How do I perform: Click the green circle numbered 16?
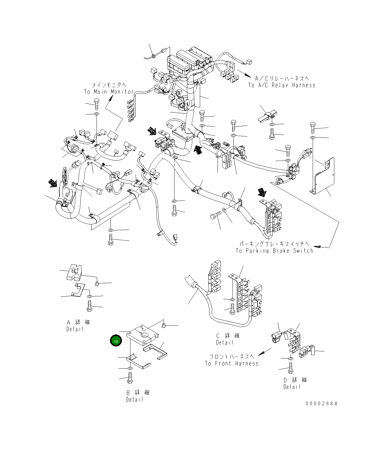click(116, 341)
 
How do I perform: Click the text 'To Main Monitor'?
click(109, 92)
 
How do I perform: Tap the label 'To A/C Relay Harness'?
click(282, 85)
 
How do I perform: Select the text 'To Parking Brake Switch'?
click(274, 251)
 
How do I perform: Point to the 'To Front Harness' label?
click(232, 364)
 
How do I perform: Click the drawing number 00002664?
click(321, 404)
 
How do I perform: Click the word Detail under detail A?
click(75, 329)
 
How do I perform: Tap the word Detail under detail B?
click(135, 400)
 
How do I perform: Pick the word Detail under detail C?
click(225, 343)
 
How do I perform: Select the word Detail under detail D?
click(292, 387)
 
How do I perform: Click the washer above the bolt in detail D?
click(291, 358)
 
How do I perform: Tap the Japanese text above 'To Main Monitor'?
click(109, 85)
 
